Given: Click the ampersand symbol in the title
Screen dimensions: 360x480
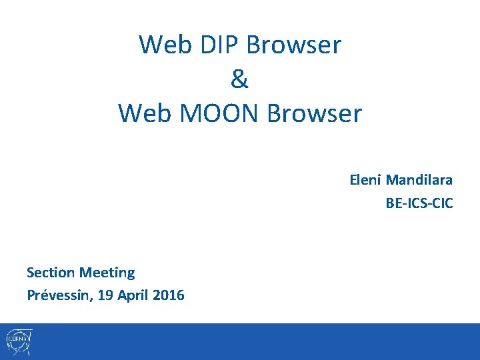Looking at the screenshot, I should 239,79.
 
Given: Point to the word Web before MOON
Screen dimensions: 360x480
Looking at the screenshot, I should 142,113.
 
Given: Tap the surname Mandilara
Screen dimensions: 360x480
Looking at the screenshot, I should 419,179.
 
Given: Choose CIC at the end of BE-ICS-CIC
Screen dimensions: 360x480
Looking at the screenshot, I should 442,203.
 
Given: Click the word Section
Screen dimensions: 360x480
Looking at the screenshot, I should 51,272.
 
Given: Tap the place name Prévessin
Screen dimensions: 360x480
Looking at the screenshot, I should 59,295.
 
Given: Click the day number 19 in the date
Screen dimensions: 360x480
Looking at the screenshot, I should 105,295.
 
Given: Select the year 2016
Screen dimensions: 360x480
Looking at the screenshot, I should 169,295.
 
